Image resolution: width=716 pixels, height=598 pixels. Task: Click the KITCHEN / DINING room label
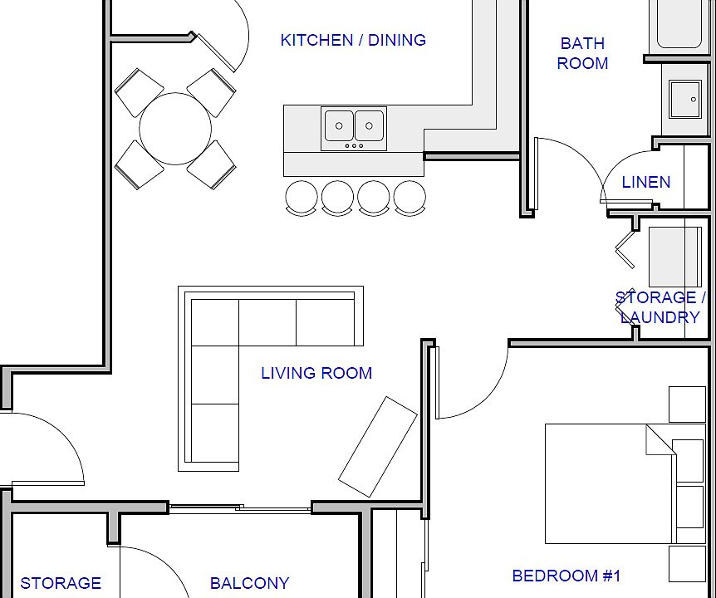pos(353,40)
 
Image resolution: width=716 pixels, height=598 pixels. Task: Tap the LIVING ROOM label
pos(316,373)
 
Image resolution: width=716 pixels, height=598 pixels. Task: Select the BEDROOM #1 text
pos(566,576)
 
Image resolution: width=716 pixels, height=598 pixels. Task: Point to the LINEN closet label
pos(646,182)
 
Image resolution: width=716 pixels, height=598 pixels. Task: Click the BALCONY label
pos(249,583)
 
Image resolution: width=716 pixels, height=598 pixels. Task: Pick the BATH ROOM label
pos(582,53)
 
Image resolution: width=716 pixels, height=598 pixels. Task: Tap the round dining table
pos(175,129)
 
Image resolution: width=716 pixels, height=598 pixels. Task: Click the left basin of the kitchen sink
pos(339,125)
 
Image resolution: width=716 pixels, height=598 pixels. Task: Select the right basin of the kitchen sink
pos(370,125)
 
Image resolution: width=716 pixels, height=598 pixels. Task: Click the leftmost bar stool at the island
pos(302,198)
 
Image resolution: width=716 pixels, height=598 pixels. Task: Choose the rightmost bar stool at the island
pos(409,198)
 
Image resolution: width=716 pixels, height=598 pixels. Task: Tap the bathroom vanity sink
pos(685,99)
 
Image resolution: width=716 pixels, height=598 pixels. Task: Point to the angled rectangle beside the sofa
pos(378,447)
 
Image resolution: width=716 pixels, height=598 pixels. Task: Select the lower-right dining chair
pos(212,164)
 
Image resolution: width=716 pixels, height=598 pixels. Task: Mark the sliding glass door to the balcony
pos(240,507)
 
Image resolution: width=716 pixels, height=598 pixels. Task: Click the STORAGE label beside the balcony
pos(61,583)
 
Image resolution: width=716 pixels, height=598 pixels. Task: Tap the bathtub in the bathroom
pos(679,24)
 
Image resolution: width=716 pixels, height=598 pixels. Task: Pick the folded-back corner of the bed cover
pos(660,439)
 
